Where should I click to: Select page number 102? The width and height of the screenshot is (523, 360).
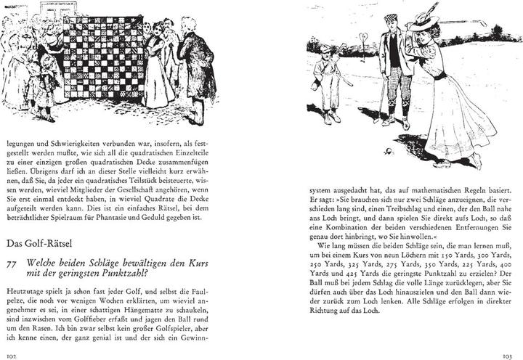(x=11, y=355)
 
